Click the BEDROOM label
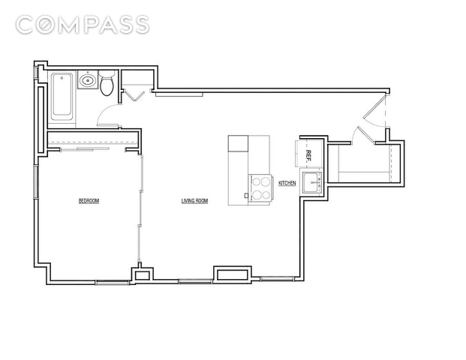(x=89, y=201)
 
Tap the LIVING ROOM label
(x=194, y=201)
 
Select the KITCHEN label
(x=287, y=183)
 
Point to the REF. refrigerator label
(x=308, y=155)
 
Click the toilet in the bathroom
(x=107, y=82)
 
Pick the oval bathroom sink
(x=88, y=79)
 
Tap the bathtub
(x=62, y=96)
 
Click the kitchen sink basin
(x=311, y=182)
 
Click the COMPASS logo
(x=83, y=25)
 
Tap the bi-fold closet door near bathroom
(x=134, y=94)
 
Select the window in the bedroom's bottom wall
(x=113, y=282)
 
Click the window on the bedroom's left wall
(x=36, y=181)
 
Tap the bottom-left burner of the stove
(x=257, y=195)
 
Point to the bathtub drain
(x=62, y=78)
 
